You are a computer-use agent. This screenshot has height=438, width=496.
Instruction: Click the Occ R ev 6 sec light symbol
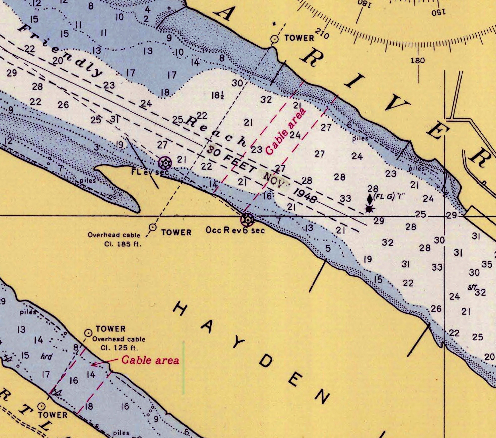click(248, 220)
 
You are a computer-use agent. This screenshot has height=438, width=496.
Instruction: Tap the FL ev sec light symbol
click(165, 163)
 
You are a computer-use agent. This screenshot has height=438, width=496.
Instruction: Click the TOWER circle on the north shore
click(274, 39)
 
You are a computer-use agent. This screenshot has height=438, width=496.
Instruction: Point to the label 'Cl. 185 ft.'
click(123, 244)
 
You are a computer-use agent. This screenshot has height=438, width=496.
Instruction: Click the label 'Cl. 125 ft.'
click(120, 348)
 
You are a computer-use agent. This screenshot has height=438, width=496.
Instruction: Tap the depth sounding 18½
click(218, 96)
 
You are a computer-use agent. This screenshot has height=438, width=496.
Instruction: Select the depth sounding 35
click(487, 264)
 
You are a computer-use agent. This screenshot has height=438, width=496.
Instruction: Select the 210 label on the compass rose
click(322, 34)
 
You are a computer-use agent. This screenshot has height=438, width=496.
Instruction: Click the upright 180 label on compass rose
click(418, 60)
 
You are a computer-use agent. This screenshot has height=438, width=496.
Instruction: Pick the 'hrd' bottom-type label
click(46, 356)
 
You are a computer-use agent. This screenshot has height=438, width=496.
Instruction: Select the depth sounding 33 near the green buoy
click(345, 199)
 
